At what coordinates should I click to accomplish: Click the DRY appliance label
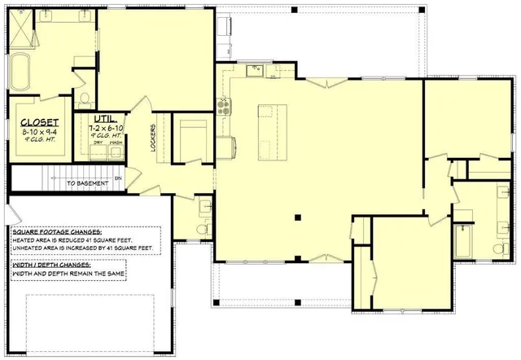click(99, 143)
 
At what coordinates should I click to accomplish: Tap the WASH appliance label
click(116, 143)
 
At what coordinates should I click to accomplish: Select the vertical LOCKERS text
click(153, 138)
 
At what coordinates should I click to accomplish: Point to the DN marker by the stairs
click(118, 178)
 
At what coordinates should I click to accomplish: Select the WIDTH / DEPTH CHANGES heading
click(54, 265)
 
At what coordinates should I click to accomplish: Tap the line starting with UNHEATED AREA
click(82, 248)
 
